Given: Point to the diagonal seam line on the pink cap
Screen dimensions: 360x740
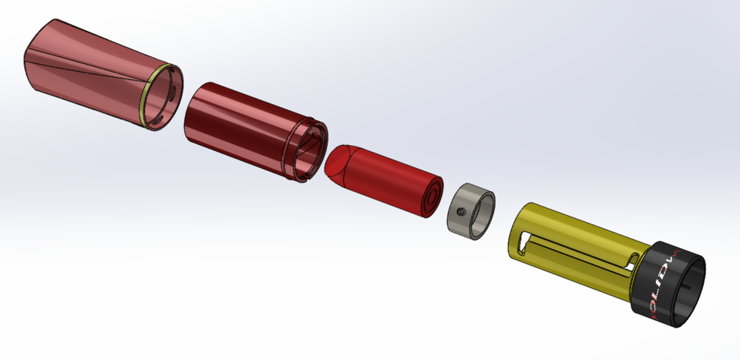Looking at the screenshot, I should pyautogui.click(x=85, y=69).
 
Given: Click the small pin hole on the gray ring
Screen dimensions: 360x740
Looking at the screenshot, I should pyautogui.click(x=460, y=210).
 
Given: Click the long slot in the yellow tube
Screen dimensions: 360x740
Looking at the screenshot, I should pyautogui.click(x=578, y=251).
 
